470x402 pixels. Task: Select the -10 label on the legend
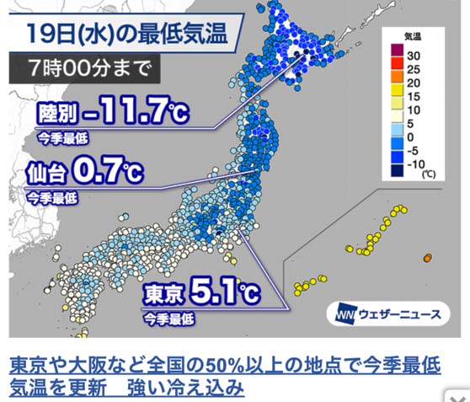click(x=415, y=164)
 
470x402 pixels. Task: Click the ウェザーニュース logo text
click(x=401, y=314)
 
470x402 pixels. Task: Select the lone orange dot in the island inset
click(x=428, y=256)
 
